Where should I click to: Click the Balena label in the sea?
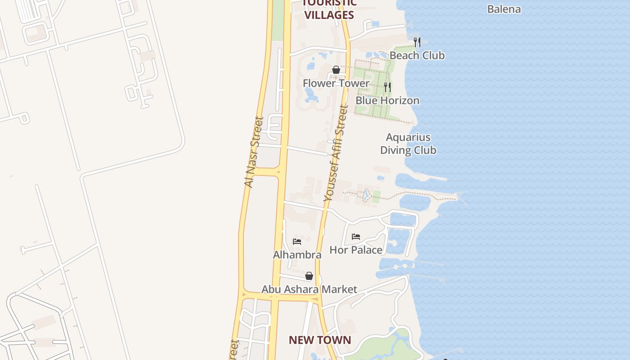coord(504,9)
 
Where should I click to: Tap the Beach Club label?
coord(417,55)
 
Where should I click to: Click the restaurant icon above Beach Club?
coord(417,42)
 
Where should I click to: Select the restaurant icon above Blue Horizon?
coord(387,87)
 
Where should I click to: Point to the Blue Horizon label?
coord(387,100)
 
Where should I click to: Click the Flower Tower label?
coord(336,83)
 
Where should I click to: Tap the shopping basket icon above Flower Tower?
coord(336,70)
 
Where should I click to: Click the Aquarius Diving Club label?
coord(408,144)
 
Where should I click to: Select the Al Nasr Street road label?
coord(253,152)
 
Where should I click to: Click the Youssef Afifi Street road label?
coord(336,153)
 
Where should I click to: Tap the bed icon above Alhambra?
coord(297,241)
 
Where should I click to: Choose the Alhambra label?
coord(297,255)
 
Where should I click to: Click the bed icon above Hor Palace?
coord(356,236)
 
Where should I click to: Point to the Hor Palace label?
coord(356,250)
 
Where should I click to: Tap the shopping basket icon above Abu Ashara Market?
coord(309,276)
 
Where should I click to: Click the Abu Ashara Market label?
coord(309,289)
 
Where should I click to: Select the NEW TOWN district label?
coord(319,340)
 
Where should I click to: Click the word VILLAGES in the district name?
coord(329,15)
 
